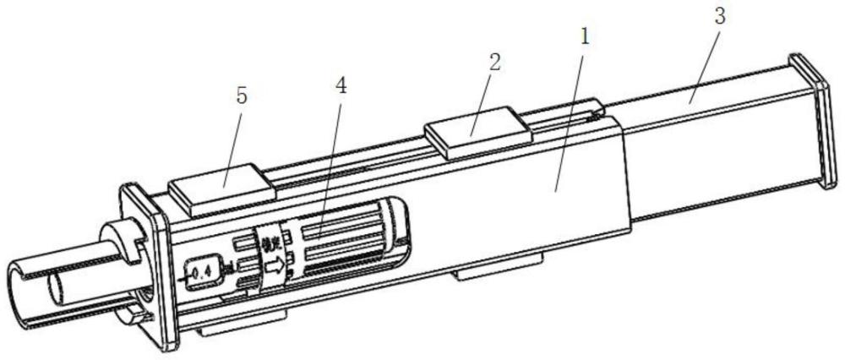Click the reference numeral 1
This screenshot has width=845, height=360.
click(x=584, y=37)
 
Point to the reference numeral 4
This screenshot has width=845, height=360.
click(x=340, y=85)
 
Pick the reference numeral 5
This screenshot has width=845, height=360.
click(x=242, y=96)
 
